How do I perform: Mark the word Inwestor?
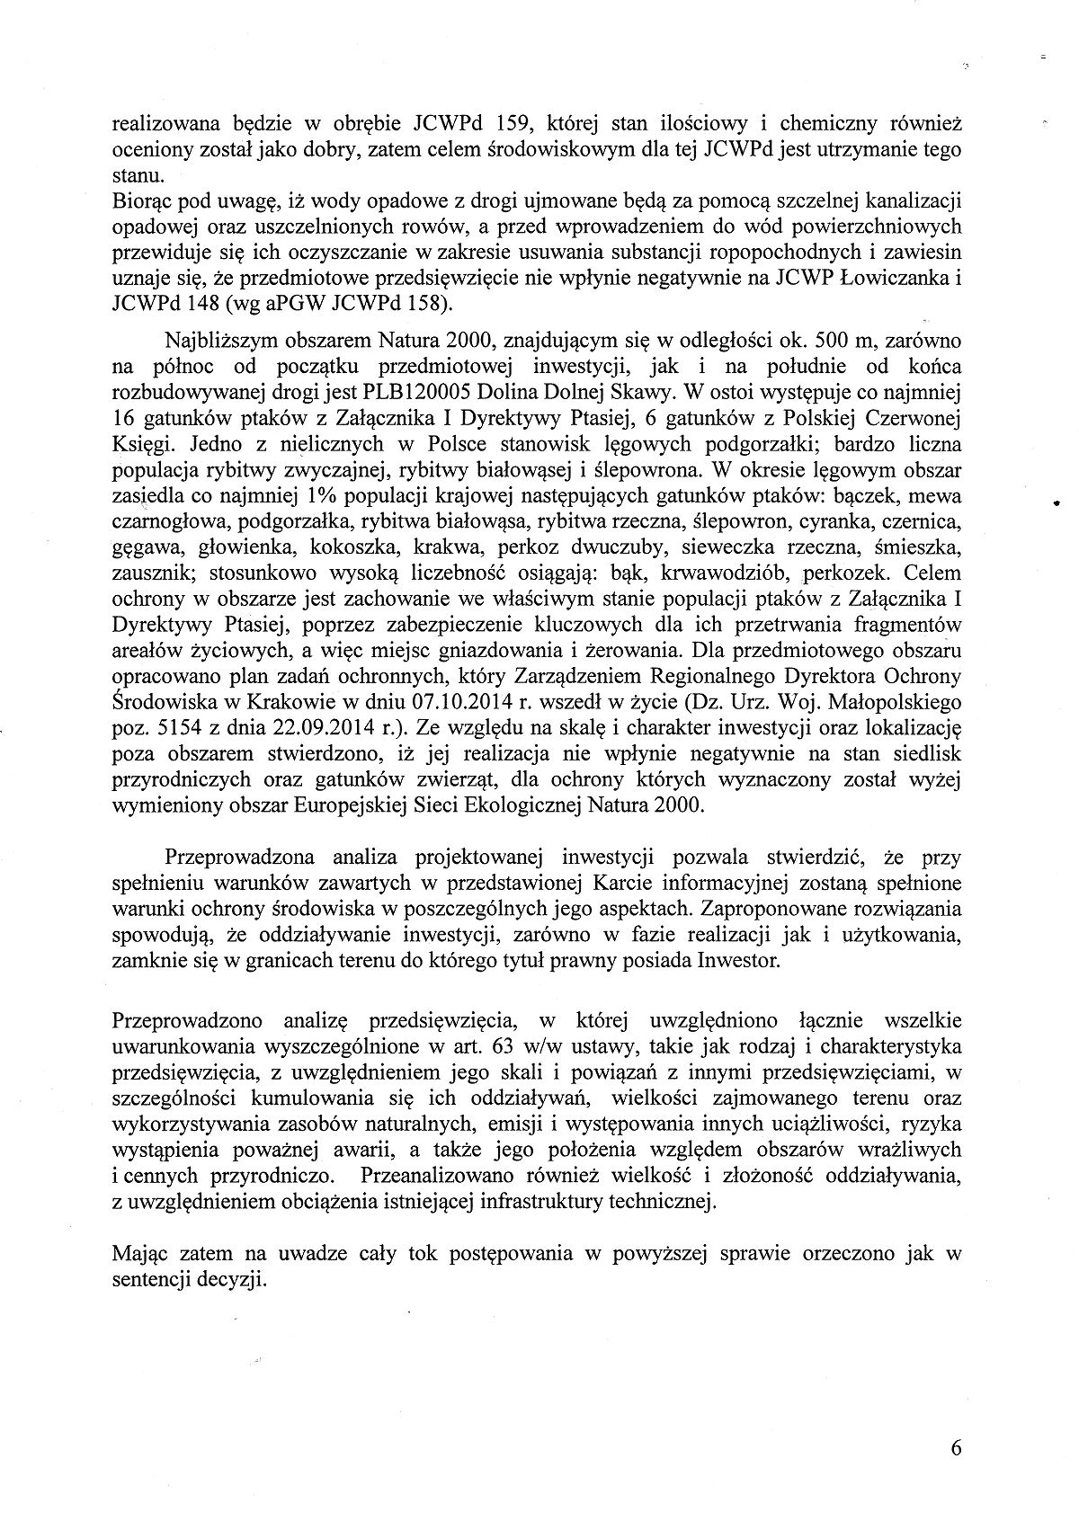click(x=735, y=961)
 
